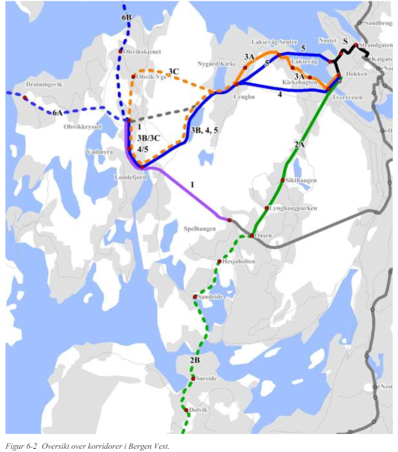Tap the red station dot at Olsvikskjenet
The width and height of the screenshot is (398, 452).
coord(120,51)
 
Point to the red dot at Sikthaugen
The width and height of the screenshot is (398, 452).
coord(282,180)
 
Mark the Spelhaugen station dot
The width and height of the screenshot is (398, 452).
coord(229,220)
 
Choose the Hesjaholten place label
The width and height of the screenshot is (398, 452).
coord(239,262)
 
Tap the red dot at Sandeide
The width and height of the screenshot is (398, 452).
coord(195,297)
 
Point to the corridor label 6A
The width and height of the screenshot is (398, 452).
coord(58,113)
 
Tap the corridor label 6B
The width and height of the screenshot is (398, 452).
coord(126,17)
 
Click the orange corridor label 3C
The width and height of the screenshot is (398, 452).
coord(173,71)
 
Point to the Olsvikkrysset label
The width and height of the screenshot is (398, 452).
coord(83,127)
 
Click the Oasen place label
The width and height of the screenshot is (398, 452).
coord(263,236)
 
